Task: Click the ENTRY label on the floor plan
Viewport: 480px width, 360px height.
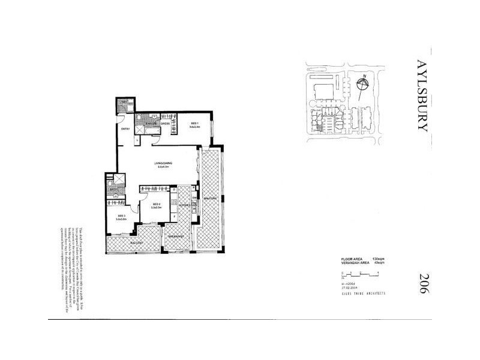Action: pos(125,129)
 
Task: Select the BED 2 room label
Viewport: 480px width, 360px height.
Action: pos(156,205)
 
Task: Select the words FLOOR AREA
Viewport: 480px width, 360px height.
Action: pos(350,258)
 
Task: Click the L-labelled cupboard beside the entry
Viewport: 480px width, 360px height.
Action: pos(138,140)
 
